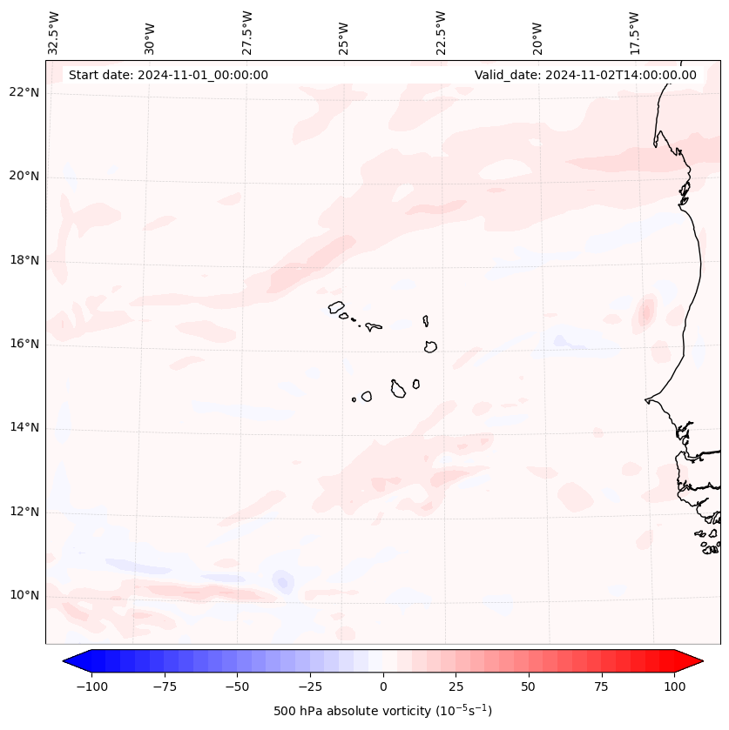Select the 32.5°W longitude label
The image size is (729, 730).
pyautogui.click(x=54, y=32)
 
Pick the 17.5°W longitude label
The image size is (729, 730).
pyautogui.click(x=634, y=32)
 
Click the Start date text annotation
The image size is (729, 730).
pyautogui.click(x=168, y=75)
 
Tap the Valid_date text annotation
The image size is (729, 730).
pyautogui.click(x=585, y=75)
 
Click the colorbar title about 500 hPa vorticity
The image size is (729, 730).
pyautogui.click(x=382, y=711)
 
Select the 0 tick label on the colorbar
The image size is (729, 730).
pyautogui.click(x=383, y=686)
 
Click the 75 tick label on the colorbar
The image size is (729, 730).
pyautogui.click(x=601, y=686)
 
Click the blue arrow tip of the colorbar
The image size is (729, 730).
pyautogui.click(x=70, y=662)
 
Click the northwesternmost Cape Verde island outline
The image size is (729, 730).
pyautogui.click(x=336, y=306)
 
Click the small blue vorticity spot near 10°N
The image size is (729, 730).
pyautogui.click(x=282, y=581)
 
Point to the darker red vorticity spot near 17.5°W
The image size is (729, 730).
pyautogui.click(x=645, y=311)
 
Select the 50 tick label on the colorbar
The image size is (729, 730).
pyautogui.click(x=529, y=686)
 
